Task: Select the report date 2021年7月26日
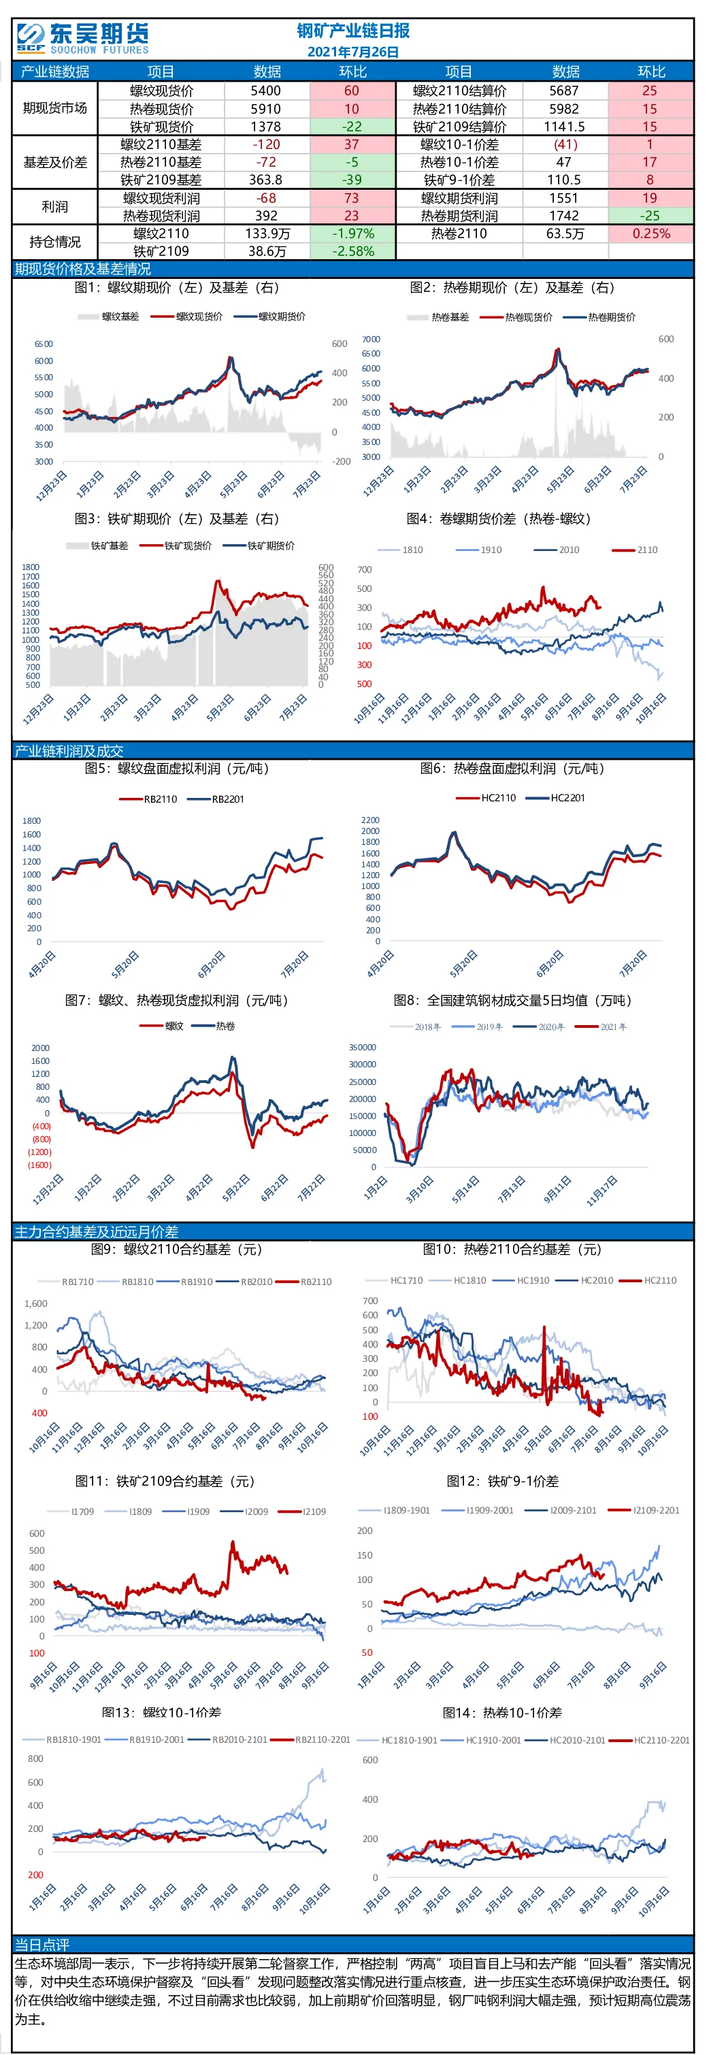[352, 52]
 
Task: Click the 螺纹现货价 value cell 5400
[266, 91]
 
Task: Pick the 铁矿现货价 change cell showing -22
[352, 127]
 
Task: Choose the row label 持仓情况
[55, 241]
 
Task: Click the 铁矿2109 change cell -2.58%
[352, 251]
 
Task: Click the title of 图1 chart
[176, 288]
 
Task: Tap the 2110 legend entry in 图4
[635, 550]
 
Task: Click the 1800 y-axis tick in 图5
[32, 821]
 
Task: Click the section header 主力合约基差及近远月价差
[97, 1231]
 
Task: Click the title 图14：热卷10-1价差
[502, 1713]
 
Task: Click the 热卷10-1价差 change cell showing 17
[650, 162]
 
